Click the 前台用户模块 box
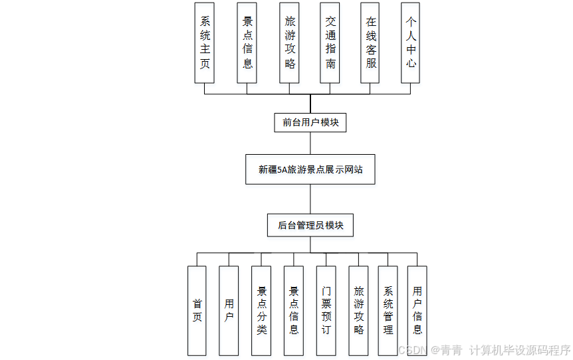tap(310, 122)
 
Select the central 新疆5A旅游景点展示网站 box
tap(310, 169)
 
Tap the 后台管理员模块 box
tap(310, 225)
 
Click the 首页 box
tap(197, 310)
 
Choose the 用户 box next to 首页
tap(229, 310)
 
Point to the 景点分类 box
tap(261, 310)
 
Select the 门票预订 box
tap(326, 310)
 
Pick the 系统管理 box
tap(388, 310)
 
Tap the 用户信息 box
tap(417, 310)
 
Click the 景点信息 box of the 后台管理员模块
tap(294, 310)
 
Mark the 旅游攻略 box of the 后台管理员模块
tap(358, 310)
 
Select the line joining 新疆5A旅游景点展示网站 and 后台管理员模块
tap(310, 199)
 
